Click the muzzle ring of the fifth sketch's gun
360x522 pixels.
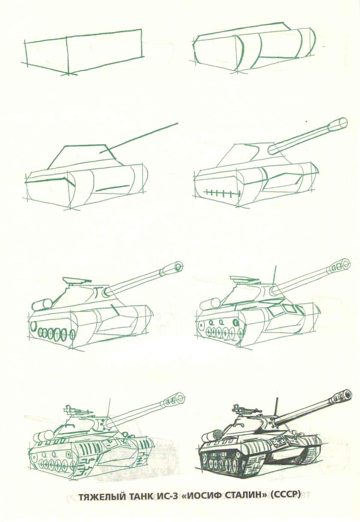177,265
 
